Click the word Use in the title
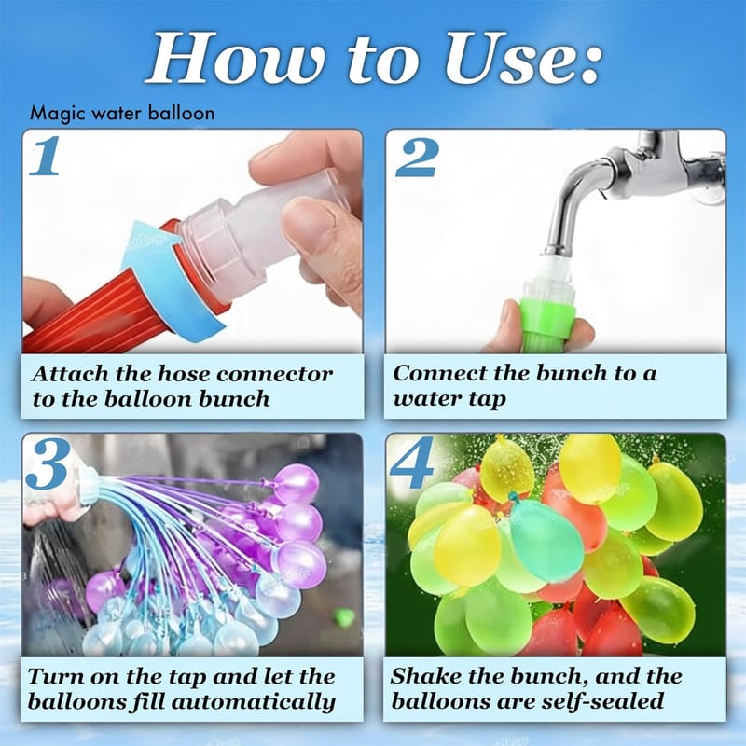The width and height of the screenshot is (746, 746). click(x=522, y=59)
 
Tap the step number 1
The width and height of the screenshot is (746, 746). click(x=45, y=156)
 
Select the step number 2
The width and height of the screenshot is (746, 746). click(x=416, y=158)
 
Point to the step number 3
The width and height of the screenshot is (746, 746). click(x=46, y=463)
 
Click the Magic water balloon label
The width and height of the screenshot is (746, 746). click(x=122, y=114)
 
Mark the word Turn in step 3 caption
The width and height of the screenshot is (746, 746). click(x=56, y=677)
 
